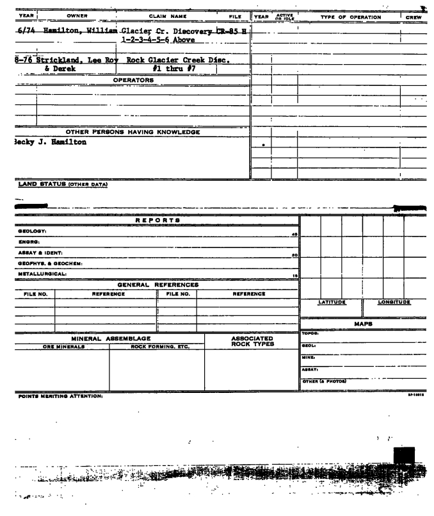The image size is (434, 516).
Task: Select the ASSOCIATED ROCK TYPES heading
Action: [251, 342]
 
